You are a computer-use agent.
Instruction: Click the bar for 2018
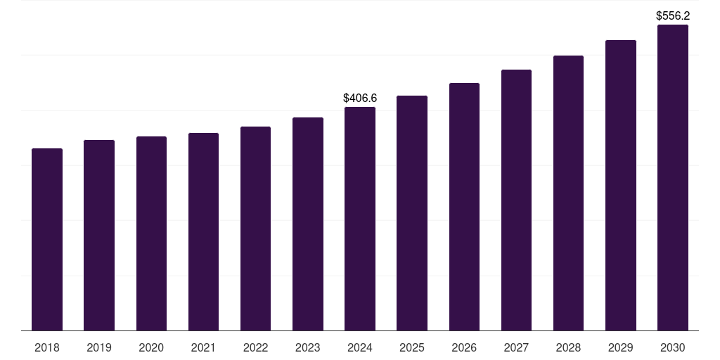pos(47,239)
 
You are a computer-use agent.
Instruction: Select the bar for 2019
pos(99,235)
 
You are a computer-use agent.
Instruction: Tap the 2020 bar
pos(151,233)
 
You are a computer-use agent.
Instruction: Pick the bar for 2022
pos(255,229)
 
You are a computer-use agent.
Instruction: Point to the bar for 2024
pos(360,219)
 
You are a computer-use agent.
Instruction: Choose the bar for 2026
pos(464,207)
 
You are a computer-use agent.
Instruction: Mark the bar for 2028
pos(568,193)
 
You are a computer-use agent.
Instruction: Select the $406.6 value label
pos(360,98)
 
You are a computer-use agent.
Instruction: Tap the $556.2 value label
pos(673,15)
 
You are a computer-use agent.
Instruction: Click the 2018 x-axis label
pos(47,347)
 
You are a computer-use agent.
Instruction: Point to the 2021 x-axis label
pos(203,347)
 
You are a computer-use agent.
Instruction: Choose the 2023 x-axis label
pos(308,347)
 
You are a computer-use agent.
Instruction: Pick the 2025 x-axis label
pos(412,347)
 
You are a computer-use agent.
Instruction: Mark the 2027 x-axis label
pos(516,347)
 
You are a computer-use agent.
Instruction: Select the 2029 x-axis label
pos(620,347)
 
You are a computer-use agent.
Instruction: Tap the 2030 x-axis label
pos(672,347)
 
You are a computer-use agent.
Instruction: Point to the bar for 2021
pos(203,231)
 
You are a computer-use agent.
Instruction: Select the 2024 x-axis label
pos(360,347)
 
